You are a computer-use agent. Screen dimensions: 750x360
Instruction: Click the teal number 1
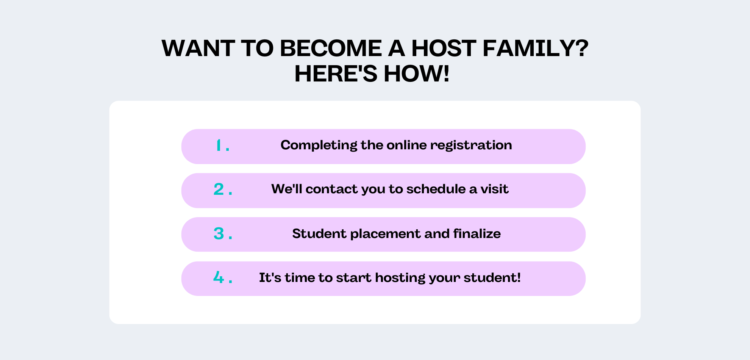click(x=218, y=146)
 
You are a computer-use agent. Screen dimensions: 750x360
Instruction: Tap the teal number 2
click(x=219, y=189)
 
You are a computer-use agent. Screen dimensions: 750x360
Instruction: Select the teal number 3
click(x=219, y=233)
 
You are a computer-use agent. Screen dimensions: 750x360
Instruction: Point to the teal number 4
click(x=219, y=277)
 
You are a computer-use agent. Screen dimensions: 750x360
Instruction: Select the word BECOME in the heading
click(x=331, y=48)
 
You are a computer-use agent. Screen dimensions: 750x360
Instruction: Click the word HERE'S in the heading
click(x=336, y=74)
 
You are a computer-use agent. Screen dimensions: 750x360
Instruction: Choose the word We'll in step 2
click(x=287, y=189)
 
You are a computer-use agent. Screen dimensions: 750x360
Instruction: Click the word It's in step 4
click(x=270, y=277)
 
